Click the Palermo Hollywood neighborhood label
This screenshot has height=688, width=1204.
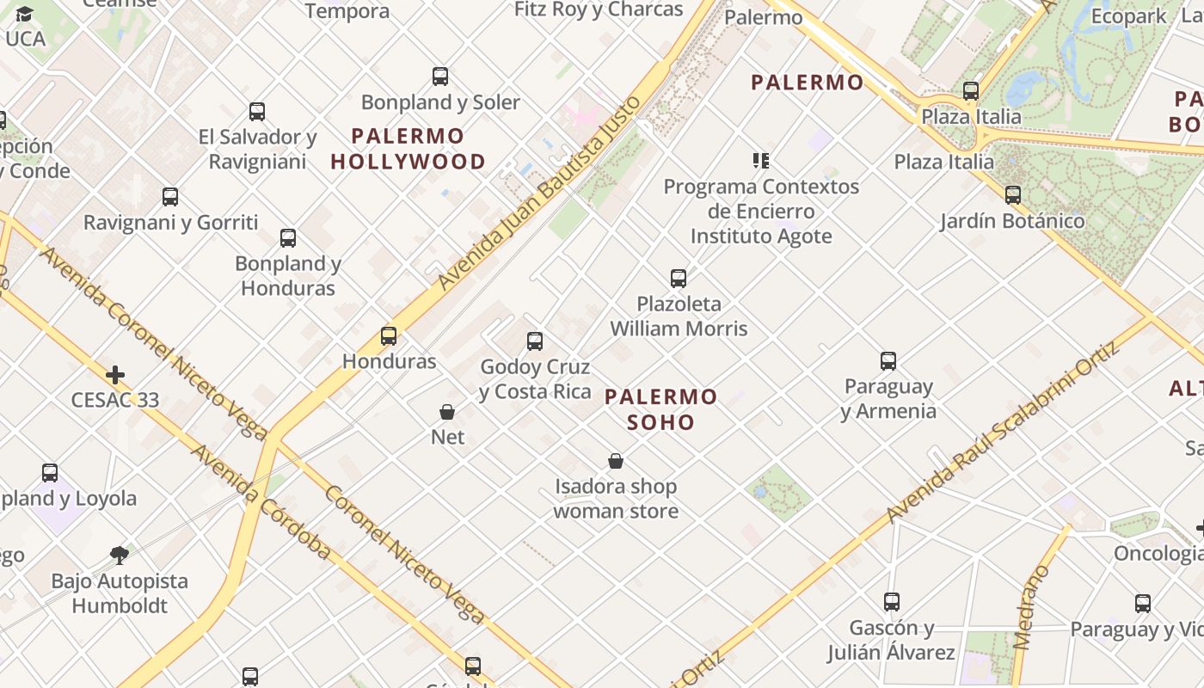pyautogui.click(x=408, y=149)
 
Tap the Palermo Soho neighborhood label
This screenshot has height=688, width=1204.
pyautogui.click(x=660, y=409)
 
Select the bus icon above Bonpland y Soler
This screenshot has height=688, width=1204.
pyautogui.click(x=440, y=77)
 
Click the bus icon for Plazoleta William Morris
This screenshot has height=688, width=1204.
pyautogui.click(x=679, y=278)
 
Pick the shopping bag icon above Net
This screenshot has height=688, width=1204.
pyautogui.click(x=447, y=412)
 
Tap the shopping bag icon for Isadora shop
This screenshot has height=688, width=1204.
pyautogui.click(x=616, y=462)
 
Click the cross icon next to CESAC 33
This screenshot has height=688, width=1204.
pyautogui.click(x=115, y=375)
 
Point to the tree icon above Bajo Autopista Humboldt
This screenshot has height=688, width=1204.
pyautogui.click(x=120, y=556)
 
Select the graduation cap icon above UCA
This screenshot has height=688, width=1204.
pyautogui.click(x=24, y=15)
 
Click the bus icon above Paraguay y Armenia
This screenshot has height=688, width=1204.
pyautogui.click(x=888, y=361)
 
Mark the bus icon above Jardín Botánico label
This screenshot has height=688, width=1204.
pyautogui.click(x=1013, y=195)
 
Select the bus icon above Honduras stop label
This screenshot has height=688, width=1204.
pyautogui.click(x=389, y=336)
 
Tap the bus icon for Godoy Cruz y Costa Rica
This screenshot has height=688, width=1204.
pyautogui.click(x=535, y=341)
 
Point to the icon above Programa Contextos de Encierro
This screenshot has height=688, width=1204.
pyautogui.click(x=761, y=160)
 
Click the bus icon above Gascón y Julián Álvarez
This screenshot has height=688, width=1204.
pyautogui.click(x=892, y=602)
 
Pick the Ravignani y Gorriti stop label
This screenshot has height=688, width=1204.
pyautogui.click(x=170, y=222)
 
